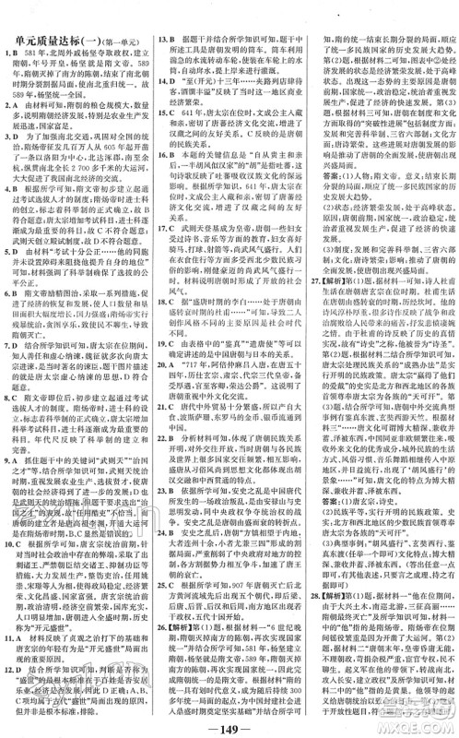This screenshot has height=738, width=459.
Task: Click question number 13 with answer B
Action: pos(160,41)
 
